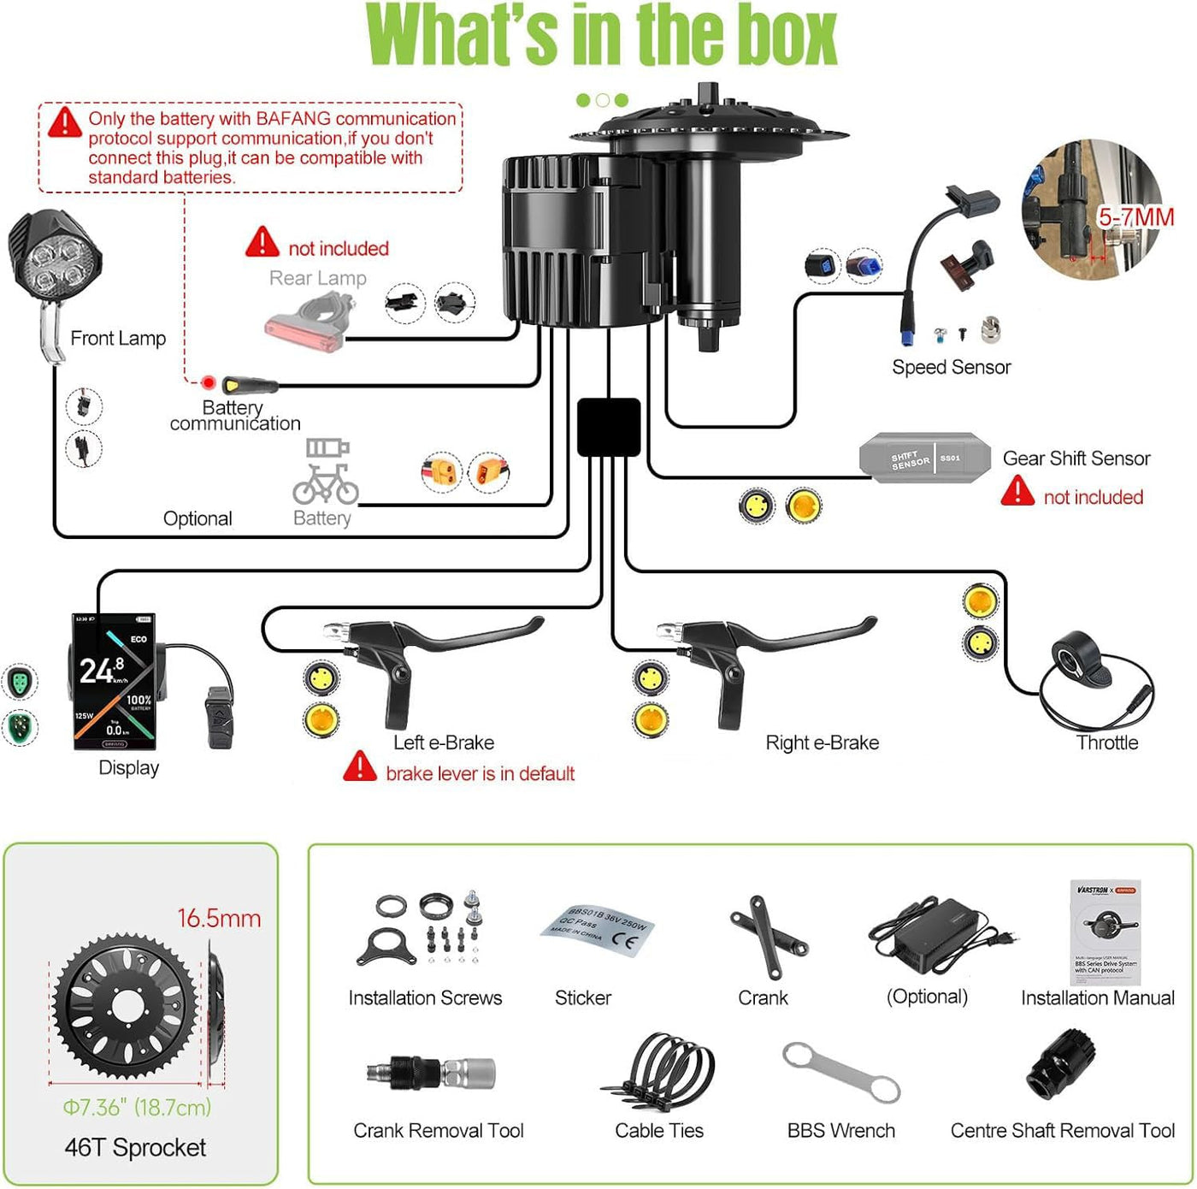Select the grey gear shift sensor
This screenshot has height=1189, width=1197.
(924, 458)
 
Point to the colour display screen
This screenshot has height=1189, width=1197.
(113, 681)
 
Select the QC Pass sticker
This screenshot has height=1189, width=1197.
(597, 932)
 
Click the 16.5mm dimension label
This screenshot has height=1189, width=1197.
(219, 919)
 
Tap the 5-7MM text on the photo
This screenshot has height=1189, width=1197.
(1135, 217)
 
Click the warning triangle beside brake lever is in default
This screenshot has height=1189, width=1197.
(360, 766)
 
